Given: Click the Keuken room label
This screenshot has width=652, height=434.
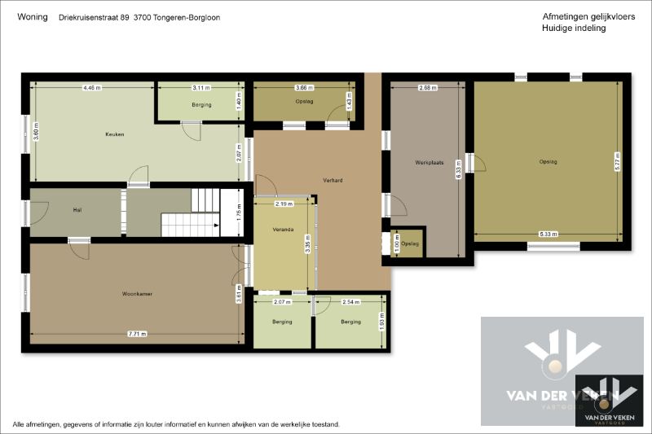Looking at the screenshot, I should coord(114,134).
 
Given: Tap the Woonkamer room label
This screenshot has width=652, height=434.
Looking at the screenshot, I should coord(139,294).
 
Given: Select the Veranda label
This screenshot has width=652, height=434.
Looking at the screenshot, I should coord(282,229).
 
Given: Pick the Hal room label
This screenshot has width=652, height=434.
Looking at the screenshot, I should coord(77,210).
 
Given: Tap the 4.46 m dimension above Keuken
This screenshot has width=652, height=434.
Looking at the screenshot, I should coord(91,87).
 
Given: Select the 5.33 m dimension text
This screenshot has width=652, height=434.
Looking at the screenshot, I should coord(548,235).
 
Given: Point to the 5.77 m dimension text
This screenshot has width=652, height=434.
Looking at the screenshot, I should coord(619,160).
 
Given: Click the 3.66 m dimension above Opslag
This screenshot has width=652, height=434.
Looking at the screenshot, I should coord(304,87).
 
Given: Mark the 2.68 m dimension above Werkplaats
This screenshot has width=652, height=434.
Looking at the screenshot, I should coord(427,87).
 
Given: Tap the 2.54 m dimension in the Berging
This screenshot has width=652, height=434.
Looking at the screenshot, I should coord(351,302).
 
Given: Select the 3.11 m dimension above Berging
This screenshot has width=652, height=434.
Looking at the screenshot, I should coord(200,87).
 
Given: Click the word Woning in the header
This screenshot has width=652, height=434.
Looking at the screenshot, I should coord(32,17).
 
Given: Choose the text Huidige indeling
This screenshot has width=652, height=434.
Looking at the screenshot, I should coord(573,28).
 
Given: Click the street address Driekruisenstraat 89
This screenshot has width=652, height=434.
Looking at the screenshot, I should coord(94,17).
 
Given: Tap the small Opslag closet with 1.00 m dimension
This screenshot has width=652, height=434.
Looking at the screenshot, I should coord(408,243).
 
